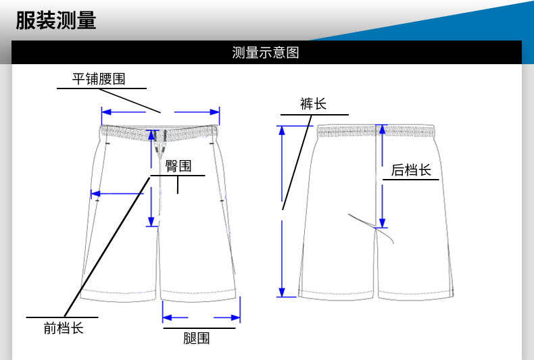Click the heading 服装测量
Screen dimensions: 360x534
(57, 21)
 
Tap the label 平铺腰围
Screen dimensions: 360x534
(99, 79)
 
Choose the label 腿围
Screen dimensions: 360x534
(197, 338)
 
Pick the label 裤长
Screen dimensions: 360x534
(313, 103)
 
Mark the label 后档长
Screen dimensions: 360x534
(411, 170)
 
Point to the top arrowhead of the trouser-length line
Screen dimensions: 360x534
(283, 130)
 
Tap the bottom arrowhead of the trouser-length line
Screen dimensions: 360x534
(283, 292)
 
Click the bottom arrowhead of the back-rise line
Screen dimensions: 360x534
(382, 224)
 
